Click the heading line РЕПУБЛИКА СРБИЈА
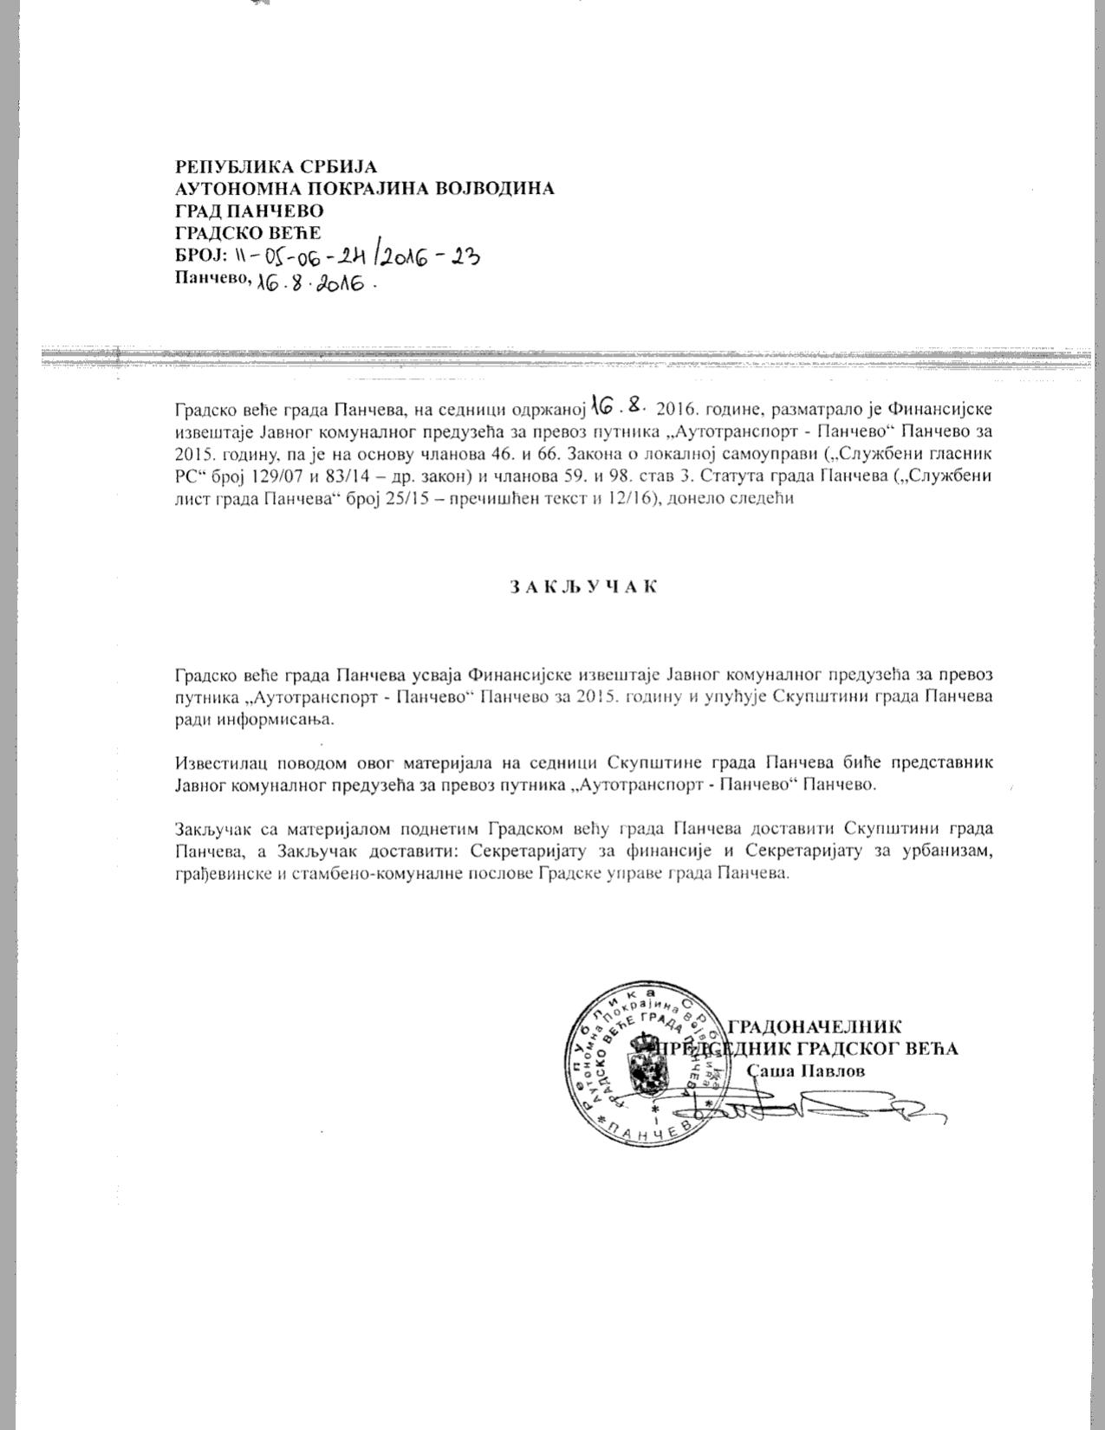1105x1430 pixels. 276,166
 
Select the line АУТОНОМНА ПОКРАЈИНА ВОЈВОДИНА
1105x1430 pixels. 364,188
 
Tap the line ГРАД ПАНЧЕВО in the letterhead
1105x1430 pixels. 249,210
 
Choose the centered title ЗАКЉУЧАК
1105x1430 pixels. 582,586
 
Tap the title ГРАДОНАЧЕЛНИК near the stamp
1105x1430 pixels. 815,1027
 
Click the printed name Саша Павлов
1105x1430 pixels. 806,1071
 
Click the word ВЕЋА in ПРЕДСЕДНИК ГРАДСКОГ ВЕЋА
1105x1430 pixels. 931,1048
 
